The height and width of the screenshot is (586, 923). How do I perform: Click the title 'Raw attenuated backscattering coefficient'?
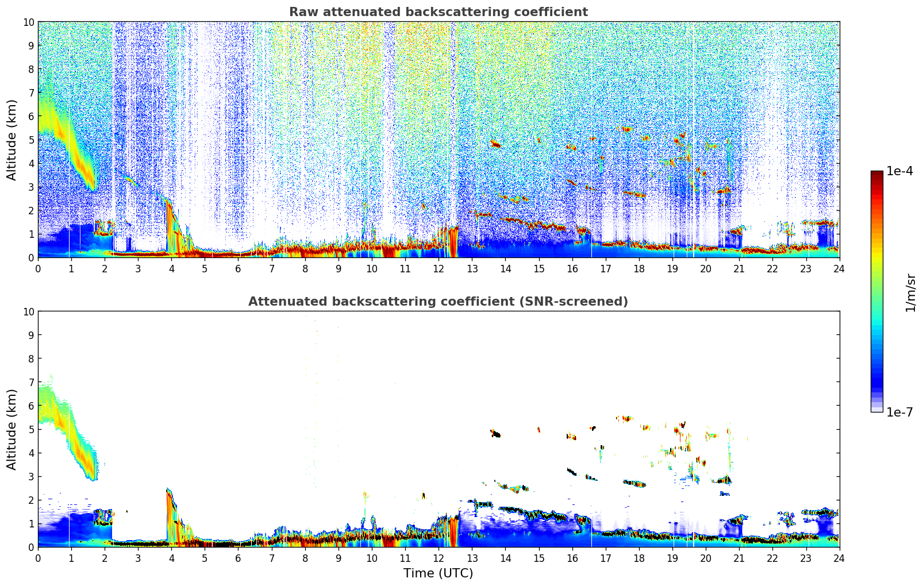pos(438,12)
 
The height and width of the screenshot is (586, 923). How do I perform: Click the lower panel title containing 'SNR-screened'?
pos(438,302)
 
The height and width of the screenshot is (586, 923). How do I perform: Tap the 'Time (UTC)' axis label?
pos(438,573)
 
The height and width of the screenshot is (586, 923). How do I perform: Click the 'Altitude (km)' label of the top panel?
pos(12,140)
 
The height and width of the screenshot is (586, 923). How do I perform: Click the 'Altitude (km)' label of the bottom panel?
pos(12,429)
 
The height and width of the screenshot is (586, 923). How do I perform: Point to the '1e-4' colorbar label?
pos(899,171)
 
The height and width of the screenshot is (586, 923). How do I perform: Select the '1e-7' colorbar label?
pos(899,412)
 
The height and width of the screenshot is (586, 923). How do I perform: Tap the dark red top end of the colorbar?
pos(876,174)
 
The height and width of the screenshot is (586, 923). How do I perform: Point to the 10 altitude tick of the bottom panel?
pos(29,311)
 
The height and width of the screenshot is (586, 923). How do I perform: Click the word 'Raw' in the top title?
pos(301,12)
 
